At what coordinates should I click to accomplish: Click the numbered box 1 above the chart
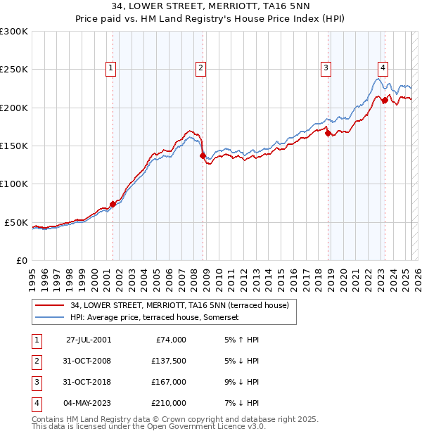pyautogui.click(x=112, y=68)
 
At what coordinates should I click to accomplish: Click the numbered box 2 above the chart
pyautogui.click(x=201, y=68)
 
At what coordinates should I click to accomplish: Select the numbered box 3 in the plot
pyautogui.click(x=326, y=68)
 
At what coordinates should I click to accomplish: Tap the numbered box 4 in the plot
pyautogui.click(x=383, y=68)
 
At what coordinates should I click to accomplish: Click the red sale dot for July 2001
pyautogui.click(x=113, y=204)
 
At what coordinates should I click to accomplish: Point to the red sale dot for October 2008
pyautogui.click(x=203, y=155)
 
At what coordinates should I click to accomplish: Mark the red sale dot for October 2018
pyautogui.click(x=328, y=133)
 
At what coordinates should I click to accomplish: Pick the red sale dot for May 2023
pyautogui.click(x=385, y=101)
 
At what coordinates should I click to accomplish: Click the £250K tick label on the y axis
pyautogui.click(x=14, y=70)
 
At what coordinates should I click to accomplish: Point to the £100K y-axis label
pyautogui.click(x=14, y=184)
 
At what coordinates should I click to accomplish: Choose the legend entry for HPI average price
pyautogui.click(x=154, y=318)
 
